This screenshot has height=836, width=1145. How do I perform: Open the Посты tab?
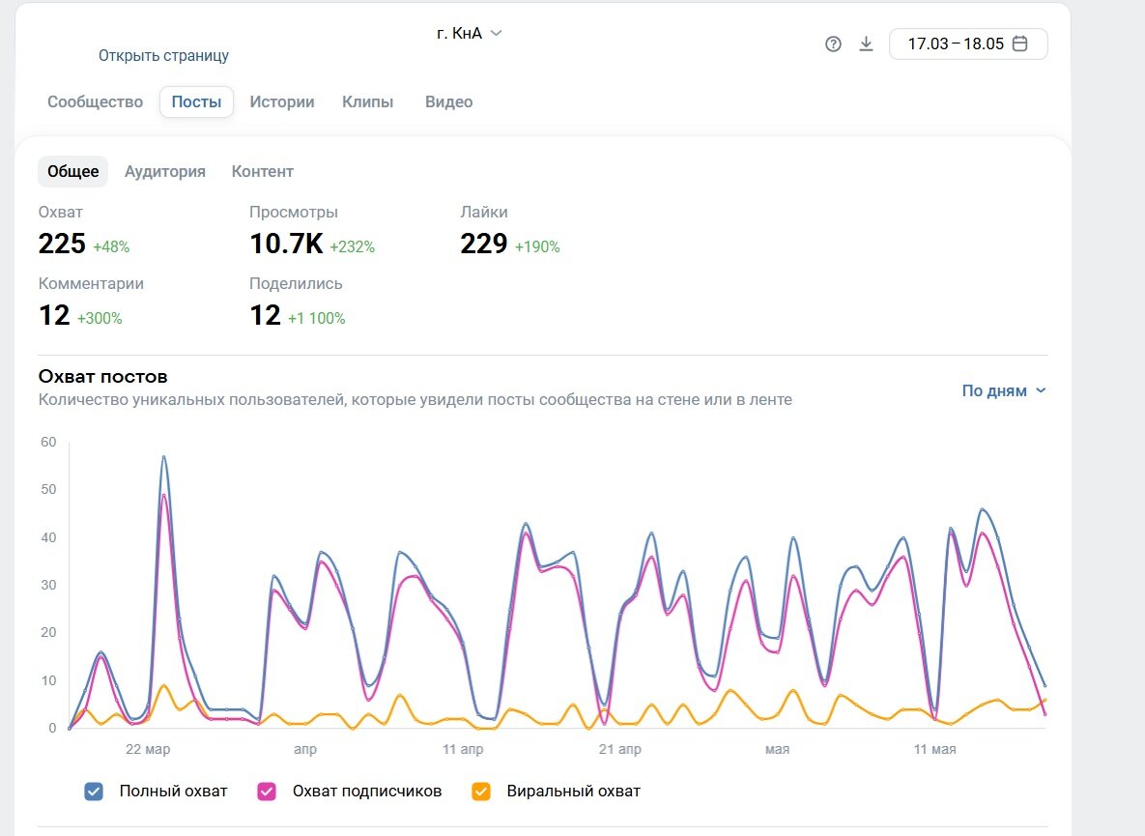pos(196,102)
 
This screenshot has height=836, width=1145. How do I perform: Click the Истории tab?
pos(282,102)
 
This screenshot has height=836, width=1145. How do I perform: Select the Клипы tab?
pos(367,102)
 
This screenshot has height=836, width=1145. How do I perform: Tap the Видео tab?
pos(448,102)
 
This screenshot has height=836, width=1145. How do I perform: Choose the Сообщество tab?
pos(95,102)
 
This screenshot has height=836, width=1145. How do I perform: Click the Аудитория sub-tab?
pos(165,172)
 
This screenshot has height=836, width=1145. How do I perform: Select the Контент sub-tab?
pos(262,172)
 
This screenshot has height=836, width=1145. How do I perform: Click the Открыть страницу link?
pos(163,55)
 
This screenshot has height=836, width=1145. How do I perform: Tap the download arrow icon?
pos(866,43)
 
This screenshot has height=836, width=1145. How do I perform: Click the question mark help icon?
pos(833,43)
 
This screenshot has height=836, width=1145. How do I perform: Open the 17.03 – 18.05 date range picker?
pos(968,43)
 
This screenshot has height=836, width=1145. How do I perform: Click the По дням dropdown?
pos(1004,390)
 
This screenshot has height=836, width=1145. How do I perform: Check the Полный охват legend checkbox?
pos(94,792)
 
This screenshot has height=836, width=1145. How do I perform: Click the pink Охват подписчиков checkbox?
pos(267,792)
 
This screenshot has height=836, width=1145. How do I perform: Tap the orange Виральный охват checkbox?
pos(480,792)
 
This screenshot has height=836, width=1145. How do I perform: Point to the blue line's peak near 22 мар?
pos(164,456)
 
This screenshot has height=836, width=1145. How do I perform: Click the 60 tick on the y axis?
pos(48,442)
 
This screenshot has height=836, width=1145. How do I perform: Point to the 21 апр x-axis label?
pos(620,749)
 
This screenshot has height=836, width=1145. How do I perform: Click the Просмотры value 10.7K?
pos(286,244)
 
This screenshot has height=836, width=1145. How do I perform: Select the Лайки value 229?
pos(483,244)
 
